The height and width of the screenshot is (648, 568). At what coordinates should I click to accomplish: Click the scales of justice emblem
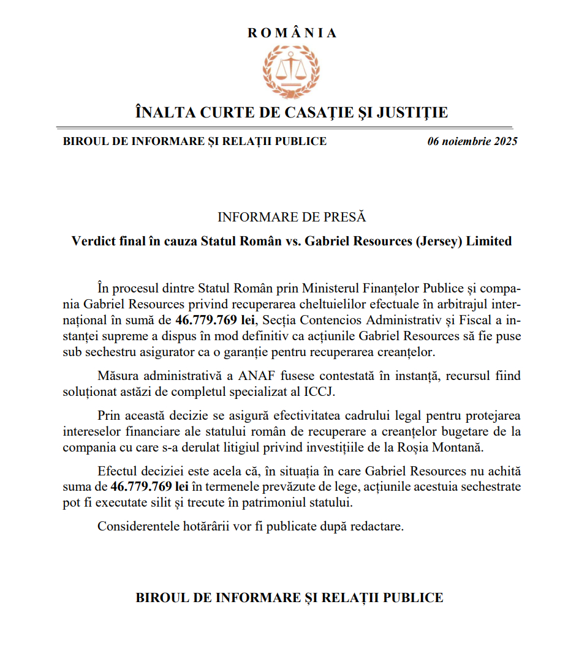292,72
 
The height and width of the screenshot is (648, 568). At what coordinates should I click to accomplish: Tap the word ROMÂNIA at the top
292,33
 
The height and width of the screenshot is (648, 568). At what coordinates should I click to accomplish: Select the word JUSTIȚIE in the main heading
412,113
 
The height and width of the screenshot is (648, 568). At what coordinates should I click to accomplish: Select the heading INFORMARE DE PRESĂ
292,217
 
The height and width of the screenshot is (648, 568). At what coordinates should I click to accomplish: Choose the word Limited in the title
489,241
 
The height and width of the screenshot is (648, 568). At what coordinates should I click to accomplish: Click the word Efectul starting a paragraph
116,472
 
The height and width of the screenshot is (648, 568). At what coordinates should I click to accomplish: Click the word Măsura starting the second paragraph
117,376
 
